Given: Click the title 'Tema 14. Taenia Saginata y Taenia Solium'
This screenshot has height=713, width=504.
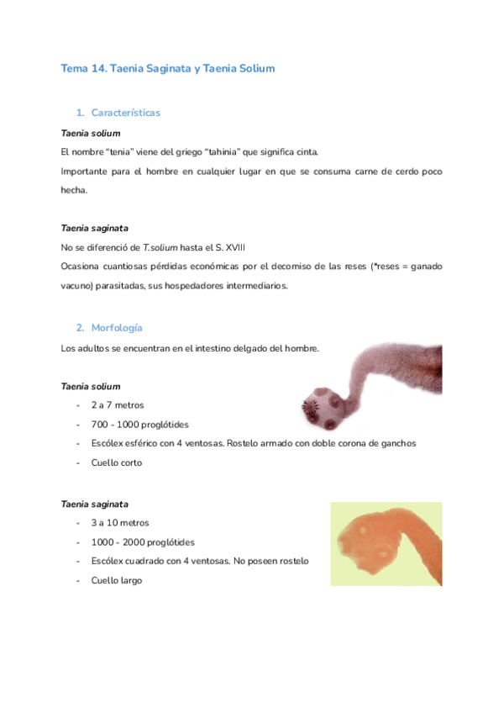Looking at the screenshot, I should click(168, 69).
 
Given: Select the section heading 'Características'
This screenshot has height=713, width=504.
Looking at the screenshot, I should click(125, 113).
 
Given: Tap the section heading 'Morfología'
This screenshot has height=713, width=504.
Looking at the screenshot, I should click(118, 327).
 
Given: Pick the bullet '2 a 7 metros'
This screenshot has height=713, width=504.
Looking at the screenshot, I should click(118, 405).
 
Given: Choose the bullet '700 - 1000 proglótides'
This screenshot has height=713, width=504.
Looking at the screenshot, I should click(140, 425).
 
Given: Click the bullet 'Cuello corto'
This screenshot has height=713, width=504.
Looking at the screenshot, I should click(117, 462).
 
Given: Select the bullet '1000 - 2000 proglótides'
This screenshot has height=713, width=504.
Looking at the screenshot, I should click(143, 542).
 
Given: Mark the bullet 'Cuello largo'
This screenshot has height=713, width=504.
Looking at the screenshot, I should click(117, 580).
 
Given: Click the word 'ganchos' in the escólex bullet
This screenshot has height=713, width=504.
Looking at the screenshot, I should click(396, 443).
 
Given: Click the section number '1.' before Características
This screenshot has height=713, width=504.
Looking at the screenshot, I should click(81, 113).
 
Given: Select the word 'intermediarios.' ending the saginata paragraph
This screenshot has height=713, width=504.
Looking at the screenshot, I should click(253, 285).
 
